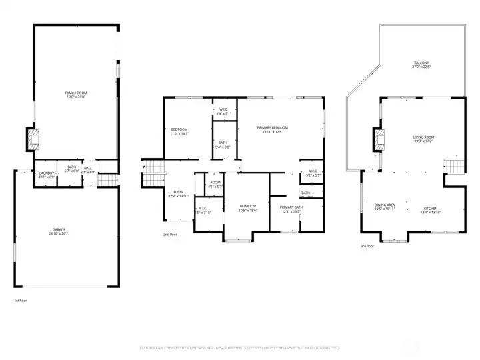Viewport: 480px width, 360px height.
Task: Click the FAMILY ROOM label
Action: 75,95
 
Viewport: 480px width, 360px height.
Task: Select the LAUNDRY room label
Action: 46,174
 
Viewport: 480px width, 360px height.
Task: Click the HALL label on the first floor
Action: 88,170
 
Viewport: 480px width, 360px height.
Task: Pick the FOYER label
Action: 179,193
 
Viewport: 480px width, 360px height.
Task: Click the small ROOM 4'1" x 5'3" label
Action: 215,184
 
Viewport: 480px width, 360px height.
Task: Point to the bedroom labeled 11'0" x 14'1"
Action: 179,131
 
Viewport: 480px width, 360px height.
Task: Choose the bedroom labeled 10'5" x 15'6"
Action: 248,208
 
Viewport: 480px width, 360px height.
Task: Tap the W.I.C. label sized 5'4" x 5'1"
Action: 223,111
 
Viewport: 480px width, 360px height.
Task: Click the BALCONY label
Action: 421,65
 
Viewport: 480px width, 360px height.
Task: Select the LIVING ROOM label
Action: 424,139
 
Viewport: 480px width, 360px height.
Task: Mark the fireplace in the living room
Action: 380,139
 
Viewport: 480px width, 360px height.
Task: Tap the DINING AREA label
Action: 385,207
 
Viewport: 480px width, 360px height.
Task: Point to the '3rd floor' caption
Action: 367,246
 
